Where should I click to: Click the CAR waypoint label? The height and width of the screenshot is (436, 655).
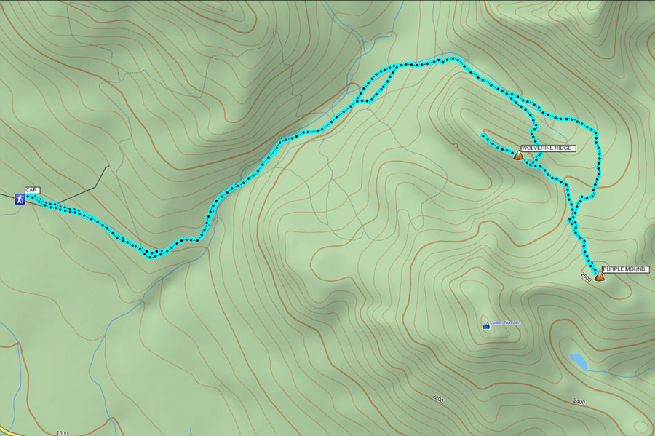pyautogui.click(x=32, y=190)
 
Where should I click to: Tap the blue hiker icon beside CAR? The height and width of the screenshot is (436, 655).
pyautogui.click(x=20, y=199)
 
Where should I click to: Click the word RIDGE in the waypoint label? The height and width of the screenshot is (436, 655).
pyautogui.click(x=564, y=148)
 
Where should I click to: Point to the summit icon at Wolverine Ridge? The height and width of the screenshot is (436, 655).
pyautogui.click(x=518, y=155)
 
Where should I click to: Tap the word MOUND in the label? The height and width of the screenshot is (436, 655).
pyautogui.click(x=636, y=269)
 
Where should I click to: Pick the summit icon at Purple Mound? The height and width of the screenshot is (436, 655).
pyautogui.click(x=599, y=276)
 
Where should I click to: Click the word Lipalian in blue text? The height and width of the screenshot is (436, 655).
pyautogui.click(x=497, y=322)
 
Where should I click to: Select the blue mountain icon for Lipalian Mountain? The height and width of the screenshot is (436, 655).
pyautogui.click(x=485, y=325)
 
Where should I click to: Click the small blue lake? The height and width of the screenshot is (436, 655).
pyautogui.click(x=579, y=361)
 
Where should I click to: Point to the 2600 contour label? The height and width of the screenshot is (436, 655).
pyautogui.click(x=586, y=277)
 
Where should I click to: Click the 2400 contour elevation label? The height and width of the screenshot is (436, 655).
pyautogui.click(x=579, y=401)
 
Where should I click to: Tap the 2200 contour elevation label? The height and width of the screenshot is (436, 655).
pyautogui.click(x=437, y=398)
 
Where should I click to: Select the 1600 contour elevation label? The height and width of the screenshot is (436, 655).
pyautogui.click(x=62, y=432)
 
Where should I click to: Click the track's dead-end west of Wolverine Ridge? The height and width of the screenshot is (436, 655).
pyautogui.click(x=483, y=136)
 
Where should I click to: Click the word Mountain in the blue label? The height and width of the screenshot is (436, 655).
pyautogui.click(x=512, y=322)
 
